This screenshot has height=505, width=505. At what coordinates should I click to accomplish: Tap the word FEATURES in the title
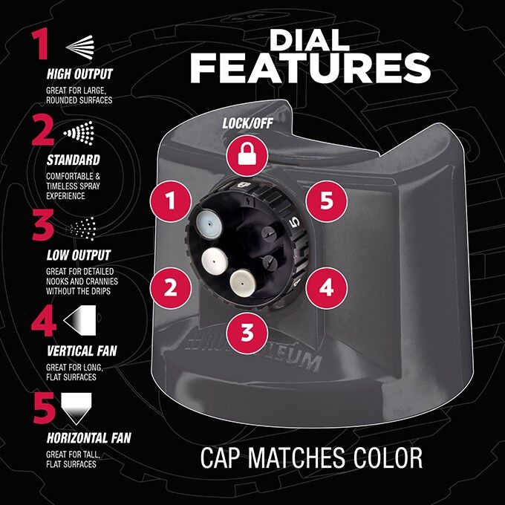point(310,68)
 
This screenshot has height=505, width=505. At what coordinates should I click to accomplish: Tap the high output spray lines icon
point(80,47)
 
